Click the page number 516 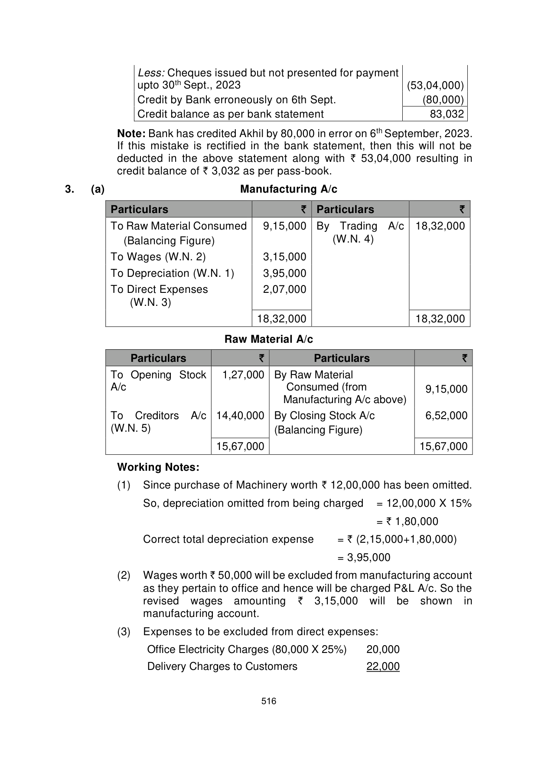tap(269, 701)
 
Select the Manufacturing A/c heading tap(288, 189)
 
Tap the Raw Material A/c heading tap(268, 339)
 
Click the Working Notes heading tap(158, 467)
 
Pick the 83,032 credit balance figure tap(447, 114)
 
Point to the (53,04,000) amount tap(435, 85)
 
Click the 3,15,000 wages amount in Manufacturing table tap(284, 257)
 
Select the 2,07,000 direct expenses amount tap(284, 289)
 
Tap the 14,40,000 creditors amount tap(240, 416)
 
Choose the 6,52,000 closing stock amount tap(446, 416)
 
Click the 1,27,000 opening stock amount tap(243, 375)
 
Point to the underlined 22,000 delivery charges tap(383, 666)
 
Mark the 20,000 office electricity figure tap(383, 649)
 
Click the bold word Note tap(131, 134)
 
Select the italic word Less tap(150, 73)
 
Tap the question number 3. tap(68, 189)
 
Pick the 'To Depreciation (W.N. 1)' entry tap(172, 273)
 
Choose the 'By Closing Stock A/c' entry tap(324, 416)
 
